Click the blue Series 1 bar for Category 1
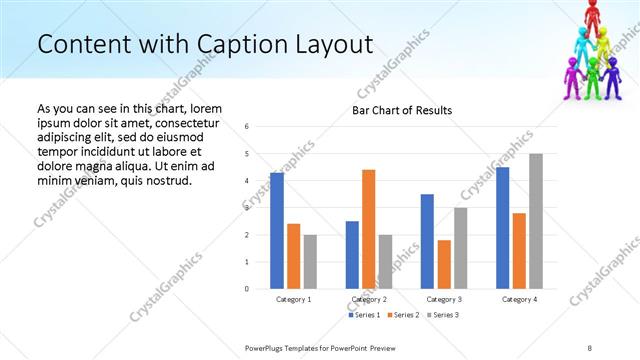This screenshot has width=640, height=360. (277, 231)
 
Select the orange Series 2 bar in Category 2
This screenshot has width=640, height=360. (368, 229)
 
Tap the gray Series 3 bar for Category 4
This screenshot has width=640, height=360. (536, 221)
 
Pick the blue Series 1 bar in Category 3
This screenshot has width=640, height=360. (427, 241)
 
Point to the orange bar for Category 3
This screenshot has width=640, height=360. (444, 264)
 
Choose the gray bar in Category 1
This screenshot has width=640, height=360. (310, 261)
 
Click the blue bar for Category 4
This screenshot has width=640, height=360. (502, 228)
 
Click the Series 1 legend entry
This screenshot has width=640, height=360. (363, 315)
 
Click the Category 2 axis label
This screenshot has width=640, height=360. (369, 299)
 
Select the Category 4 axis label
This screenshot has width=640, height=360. (519, 299)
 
